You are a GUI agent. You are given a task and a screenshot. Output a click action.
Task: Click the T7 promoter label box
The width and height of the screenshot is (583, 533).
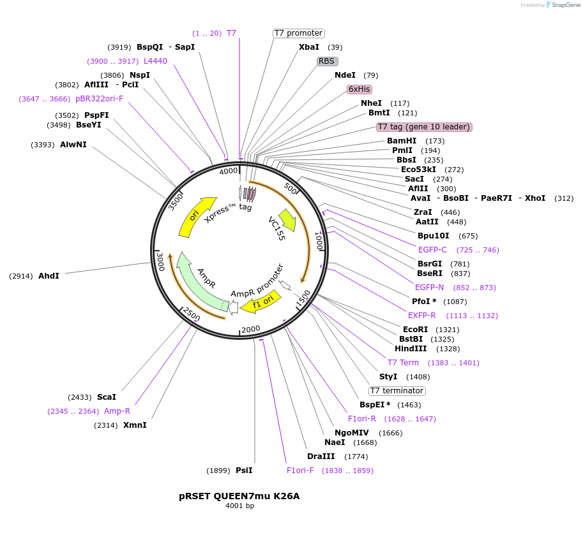tap(298, 33)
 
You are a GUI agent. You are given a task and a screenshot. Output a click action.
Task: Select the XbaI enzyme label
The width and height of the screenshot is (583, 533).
tap(309, 47)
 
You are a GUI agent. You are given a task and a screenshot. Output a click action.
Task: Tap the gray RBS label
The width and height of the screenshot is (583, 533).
tap(327, 61)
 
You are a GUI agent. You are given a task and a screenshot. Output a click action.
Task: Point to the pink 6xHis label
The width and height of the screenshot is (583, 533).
tap(360, 89)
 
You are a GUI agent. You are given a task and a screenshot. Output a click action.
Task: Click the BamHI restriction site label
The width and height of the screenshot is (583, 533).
tap(402, 141)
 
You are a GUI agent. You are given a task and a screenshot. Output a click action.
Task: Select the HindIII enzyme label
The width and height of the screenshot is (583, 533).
tap(411, 349)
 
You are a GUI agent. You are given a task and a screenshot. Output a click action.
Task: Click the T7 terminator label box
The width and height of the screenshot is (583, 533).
tap(397, 391)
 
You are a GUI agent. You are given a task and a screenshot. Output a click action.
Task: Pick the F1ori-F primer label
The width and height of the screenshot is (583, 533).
tap(300, 471)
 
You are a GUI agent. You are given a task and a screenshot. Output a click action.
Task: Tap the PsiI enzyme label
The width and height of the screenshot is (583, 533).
tap(244, 471)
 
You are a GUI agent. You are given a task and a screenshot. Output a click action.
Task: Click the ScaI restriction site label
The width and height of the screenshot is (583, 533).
tap(107, 397)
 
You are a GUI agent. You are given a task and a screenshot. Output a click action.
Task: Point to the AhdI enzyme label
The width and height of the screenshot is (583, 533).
tap(49, 276)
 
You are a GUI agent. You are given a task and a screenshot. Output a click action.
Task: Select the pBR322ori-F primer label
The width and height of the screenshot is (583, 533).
tap(99, 99)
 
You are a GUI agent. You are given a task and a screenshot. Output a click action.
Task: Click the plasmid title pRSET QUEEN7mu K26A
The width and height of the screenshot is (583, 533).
tap(239, 496)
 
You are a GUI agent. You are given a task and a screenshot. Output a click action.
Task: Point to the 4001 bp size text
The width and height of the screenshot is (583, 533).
tap(239, 506)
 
